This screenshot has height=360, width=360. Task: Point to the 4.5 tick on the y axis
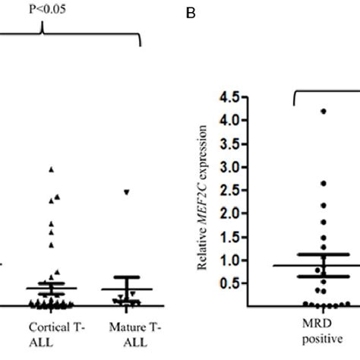tap(229, 97)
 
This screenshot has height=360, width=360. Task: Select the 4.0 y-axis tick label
tap(229, 120)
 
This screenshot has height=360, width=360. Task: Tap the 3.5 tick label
tap(229, 144)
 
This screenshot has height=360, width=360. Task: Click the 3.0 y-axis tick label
tap(229, 167)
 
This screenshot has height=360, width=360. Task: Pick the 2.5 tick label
tap(229, 190)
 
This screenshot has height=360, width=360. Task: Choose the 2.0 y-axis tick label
tap(229, 213)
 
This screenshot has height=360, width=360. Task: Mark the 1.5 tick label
tap(229, 237)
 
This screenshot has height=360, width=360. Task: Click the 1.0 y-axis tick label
tap(229, 261)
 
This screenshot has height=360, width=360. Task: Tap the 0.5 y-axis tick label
tap(229, 283)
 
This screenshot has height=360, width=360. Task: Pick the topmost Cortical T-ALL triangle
tap(52, 169)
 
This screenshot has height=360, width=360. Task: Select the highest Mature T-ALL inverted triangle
tap(128, 191)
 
